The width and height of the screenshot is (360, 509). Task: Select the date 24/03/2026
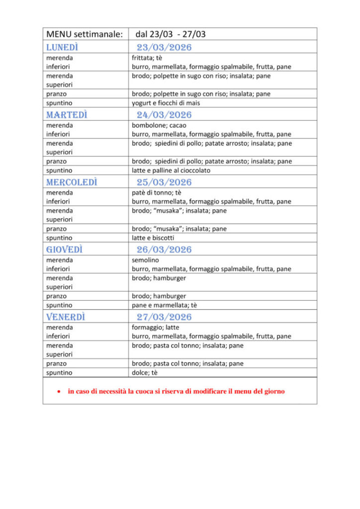click(x=164, y=115)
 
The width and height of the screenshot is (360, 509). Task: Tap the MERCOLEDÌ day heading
click(x=72, y=182)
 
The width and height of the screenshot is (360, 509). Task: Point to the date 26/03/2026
click(x=164, y=250)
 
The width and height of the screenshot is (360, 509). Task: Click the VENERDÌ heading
click(x=66, y=317)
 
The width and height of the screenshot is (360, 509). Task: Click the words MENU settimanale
click(x=84, y=34)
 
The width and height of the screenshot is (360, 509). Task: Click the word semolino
click(x=145, y=260)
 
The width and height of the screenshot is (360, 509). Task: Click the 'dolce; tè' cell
click(x=144, y=372)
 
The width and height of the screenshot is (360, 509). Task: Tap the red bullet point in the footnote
click(x=59, y=392)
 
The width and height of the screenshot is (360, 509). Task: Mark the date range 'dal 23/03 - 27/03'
click(x=171, y=34)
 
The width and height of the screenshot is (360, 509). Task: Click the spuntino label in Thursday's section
click(x=59, y=305)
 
